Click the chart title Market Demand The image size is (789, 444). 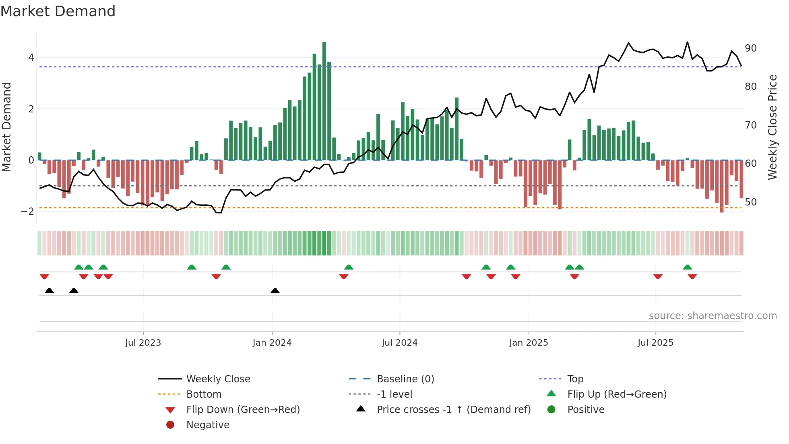[x=58, y=11]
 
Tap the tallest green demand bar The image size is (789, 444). [x=324, y=101]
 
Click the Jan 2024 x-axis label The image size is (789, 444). [x=272, y=343]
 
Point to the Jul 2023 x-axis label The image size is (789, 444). [x=143, y=343]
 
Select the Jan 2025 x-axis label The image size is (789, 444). [x=528, y=343]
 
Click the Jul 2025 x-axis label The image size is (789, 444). [x=655, y=343]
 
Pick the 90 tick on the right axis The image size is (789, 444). [x=750, y=48]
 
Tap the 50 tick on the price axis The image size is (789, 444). [x=750, y=202]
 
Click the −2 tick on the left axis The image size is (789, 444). [x=27, y=212]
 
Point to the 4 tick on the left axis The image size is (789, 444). [x=31, y=58]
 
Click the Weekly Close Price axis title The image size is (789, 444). [x=772, y=127]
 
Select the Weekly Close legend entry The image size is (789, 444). [x=218, y=379]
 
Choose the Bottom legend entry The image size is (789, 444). [x=204, y=394]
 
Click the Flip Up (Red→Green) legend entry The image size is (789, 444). [x=617, y=394]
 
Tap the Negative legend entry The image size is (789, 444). [x=208, y=425]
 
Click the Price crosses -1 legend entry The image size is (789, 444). [x=453, y=410]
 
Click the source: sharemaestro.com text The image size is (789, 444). [x=713, y=316]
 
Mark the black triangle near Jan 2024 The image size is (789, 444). [x=275, y=290]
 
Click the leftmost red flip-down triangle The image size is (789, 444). [x=44, y=276]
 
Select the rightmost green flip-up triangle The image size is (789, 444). [x=687, y=267]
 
